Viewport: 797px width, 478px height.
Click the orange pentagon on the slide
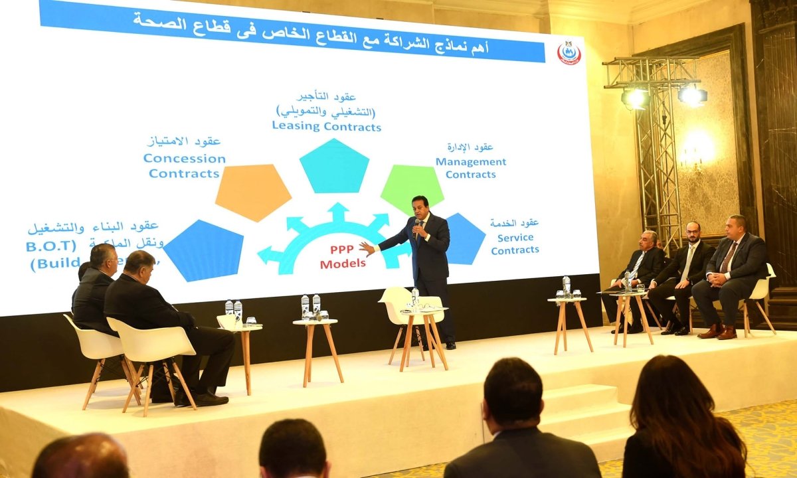[x=253, y=191]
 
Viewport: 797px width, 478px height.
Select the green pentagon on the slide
[x=411, y=188]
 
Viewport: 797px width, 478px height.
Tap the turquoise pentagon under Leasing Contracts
[x=333, y=167]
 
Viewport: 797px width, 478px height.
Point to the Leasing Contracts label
[x=326, y=125]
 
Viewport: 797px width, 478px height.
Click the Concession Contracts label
[x=184, y=166]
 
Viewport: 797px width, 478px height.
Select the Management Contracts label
[x=471, y=168]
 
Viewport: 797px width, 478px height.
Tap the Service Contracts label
[x=515, y=244]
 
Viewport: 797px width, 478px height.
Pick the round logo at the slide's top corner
[x=569, y=53]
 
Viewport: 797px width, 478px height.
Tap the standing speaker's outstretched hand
[x=367, y=248]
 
